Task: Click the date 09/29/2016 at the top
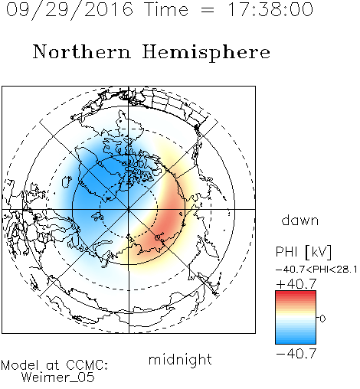coord(69,10)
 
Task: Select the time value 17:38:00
coord(270,9)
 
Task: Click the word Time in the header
coord(166,9)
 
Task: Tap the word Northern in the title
coord(82,51)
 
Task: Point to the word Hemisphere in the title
coord(206,53)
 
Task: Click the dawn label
coord(300,220)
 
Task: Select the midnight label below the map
coord(180,359)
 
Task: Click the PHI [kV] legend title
coord(303,252)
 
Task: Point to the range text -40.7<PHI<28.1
coord(316,270)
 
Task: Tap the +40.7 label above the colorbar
coord(296,284)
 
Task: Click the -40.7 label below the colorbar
coord(296,354)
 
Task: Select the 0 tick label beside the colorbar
coord(322,319)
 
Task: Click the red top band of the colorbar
coord(296,293)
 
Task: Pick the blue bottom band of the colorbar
coord(296,341)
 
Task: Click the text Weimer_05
coord(58,378)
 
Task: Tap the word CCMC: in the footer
coord(87,365)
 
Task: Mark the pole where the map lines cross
coord(129,209)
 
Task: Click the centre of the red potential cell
coord(166,220)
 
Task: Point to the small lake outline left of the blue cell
coord(67,181)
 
